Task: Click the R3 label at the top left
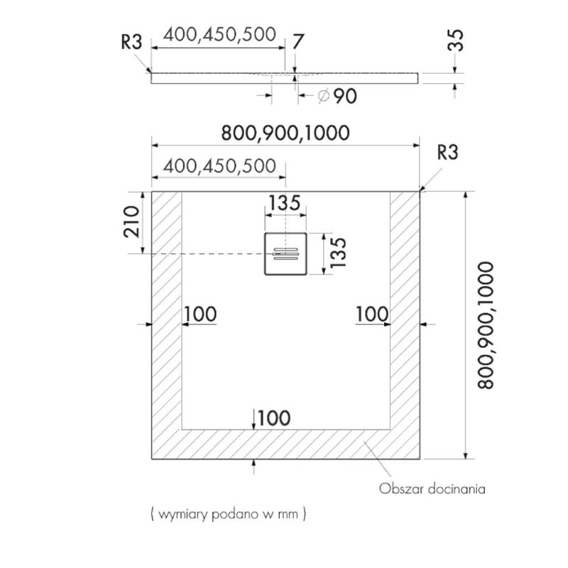click(x=131, y=42)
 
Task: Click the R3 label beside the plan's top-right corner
click(x=448, y=152)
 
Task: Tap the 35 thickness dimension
click(x=456, y=40)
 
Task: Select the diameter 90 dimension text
click(x=337, y=96)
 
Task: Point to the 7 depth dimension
click(x=297, y=41)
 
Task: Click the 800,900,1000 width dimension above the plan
click(x=285, y=133)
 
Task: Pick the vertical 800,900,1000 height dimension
click(x=486, y=325)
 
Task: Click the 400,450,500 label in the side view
click(x=219, y=35)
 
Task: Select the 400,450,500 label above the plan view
click(x=219, y=166)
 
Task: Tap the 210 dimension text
click(x=131, y=222)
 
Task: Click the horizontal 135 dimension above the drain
click(x=285, y=203)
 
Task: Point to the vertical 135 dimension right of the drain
click(x=339, y=253)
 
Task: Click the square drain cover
click(x=286, y=253)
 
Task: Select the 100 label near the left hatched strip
click(x=201, y=314)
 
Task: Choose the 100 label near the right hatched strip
click(x=372, y=314)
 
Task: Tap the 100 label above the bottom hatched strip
click(x=274, y=418)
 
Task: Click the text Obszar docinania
click(x=432, y=488)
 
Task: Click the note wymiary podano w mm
click(x=228, y=513)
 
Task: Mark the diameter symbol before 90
click(x=324, y=96)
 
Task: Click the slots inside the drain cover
click(x=286, y=253)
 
